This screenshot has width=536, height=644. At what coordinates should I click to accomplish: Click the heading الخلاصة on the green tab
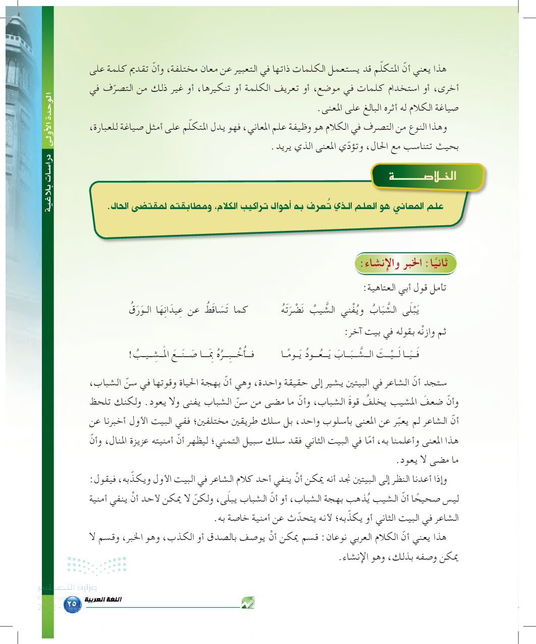click(x=423, y=176)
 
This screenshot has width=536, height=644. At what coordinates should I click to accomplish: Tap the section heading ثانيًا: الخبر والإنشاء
click(x=405, y=264)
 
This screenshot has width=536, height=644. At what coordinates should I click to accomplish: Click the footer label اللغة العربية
click(x=103, y=600)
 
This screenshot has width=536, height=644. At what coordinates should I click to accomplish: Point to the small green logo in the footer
click(x=247, y=603)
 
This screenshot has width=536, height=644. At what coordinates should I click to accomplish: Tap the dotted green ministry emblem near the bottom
click(x=96, y=566)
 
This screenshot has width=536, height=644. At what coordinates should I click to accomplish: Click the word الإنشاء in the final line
click(x=352, y=558)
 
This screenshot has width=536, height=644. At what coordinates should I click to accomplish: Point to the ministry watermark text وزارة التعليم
click(x=68, y=587)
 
